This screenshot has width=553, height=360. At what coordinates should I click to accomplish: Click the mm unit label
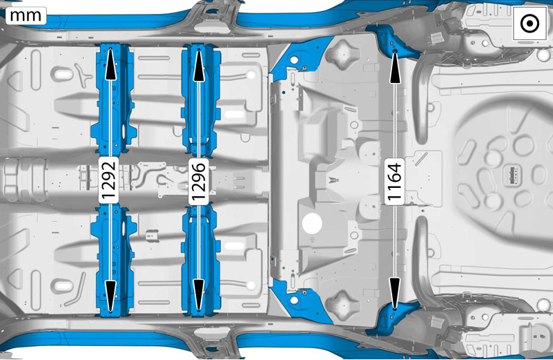(26, 16)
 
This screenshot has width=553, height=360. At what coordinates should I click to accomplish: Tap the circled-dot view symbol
(530, 24)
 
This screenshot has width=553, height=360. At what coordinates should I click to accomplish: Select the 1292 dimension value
(108, 180)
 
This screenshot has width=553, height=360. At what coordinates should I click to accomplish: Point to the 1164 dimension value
(394, 181)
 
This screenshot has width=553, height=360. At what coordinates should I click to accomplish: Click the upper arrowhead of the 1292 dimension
(110, 64)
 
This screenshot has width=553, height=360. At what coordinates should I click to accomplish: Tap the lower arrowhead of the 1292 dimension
(110, 296)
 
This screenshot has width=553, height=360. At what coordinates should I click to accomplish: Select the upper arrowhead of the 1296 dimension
(199, 65)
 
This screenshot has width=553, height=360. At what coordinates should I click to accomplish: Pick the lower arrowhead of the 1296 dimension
(199, 295)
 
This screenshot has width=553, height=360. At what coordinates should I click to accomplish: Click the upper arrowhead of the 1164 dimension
(395, 67)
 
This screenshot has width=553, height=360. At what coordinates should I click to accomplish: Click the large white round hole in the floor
(312, 223)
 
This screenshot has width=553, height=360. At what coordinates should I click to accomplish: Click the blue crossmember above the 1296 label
(201, 101)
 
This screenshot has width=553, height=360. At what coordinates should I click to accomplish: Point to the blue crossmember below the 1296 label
(201, 260)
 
